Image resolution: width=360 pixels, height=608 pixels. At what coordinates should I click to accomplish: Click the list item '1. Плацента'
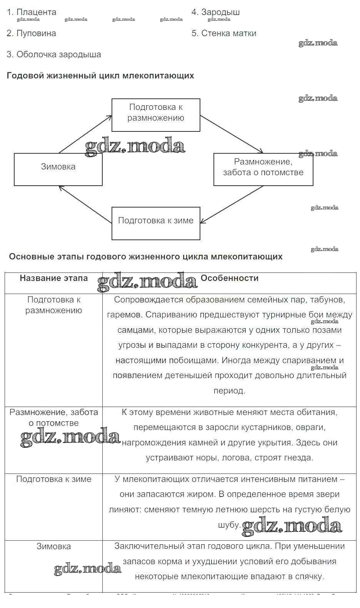pos(32,12)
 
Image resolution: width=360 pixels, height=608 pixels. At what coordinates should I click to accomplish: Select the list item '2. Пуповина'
pos(32,33)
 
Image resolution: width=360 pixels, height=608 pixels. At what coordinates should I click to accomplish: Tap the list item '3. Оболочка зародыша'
pos(54,55)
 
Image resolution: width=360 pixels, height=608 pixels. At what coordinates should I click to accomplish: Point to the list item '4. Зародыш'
pos(216,12)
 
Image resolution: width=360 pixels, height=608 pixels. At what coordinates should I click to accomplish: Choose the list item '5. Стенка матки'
pos(224,33)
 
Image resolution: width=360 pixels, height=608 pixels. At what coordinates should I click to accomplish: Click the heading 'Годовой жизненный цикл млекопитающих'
pos(100,76)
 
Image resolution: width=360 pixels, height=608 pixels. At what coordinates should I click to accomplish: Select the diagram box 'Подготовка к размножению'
pos(156,115)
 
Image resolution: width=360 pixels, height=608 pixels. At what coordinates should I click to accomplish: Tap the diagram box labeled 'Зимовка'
pos(58,169)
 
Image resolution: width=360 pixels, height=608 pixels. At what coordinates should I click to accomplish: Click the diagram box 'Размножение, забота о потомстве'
pos(263,169)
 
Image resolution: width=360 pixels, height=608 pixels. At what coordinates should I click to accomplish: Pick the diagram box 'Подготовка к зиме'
pos(156,223)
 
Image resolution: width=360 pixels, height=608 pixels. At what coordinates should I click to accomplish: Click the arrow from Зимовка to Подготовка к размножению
pos(85,134)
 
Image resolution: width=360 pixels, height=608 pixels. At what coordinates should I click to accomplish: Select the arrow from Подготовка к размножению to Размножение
pos(232,135)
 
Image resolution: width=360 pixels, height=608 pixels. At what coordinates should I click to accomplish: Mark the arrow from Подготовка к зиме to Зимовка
pos(85,204)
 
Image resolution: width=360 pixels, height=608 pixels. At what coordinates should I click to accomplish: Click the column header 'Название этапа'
pos(54,278)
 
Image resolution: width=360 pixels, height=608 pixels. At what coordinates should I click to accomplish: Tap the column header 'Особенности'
pos(230,278)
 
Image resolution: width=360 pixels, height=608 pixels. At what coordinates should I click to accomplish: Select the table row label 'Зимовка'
pos(53,546)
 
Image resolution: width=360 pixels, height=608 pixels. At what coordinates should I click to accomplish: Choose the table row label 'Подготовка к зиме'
pos(54,479)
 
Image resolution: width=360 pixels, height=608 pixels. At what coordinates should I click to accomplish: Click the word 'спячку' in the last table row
pos(310,576)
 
